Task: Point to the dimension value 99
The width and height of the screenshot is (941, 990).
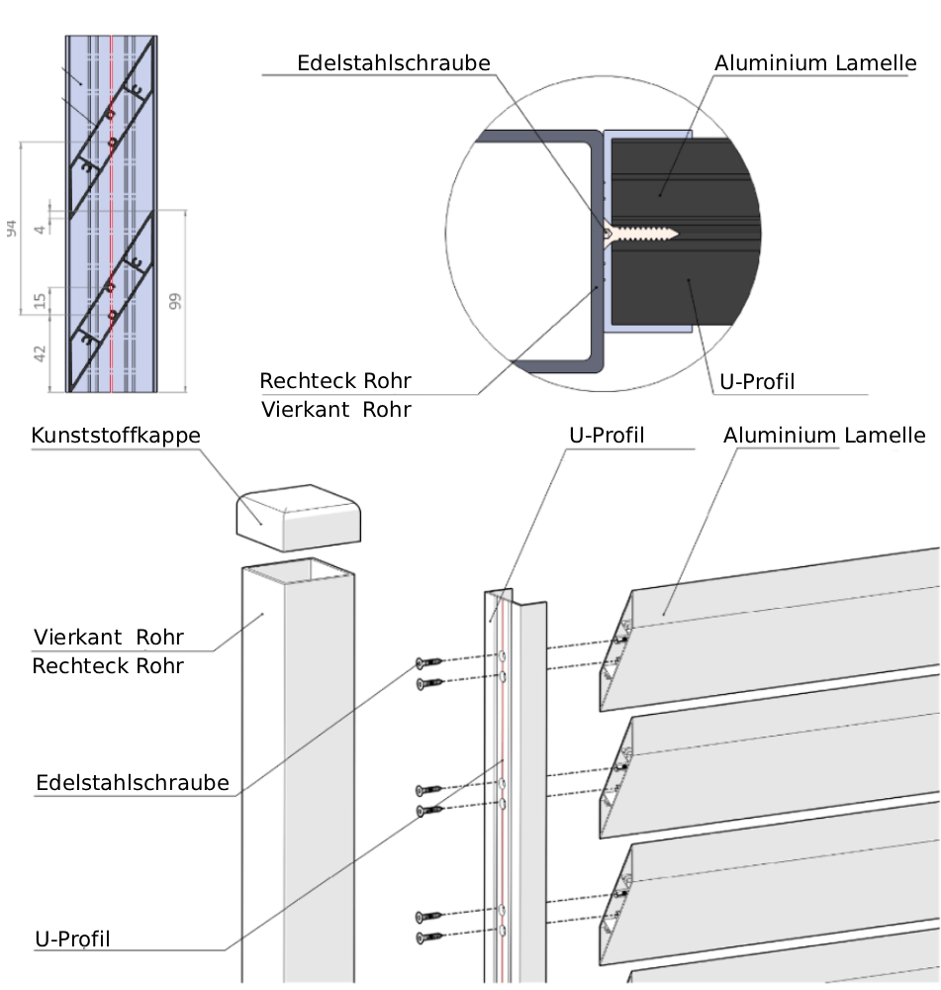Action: (175, 302)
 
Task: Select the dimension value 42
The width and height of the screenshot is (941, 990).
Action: (41, 353)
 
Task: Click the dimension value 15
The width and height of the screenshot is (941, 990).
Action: (41, 300)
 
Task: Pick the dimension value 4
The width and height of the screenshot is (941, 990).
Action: (41, 229)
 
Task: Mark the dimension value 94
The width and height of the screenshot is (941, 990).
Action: (12, 229)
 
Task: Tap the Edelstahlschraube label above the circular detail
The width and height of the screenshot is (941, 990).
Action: (394, 63)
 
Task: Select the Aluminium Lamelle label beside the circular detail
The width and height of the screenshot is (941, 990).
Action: (815, 63)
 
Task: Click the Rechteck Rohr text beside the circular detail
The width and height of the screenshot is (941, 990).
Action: (335, 381)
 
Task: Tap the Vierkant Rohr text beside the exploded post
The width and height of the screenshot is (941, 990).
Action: (109, 636)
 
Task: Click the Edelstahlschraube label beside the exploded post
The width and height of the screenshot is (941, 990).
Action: (133, 783)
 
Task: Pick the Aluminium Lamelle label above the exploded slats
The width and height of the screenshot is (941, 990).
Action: (824, 436)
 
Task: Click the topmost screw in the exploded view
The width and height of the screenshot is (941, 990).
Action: (425, 663)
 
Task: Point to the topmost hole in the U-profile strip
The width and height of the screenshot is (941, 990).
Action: (503, 656)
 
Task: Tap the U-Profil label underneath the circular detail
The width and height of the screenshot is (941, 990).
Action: (754, 380)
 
